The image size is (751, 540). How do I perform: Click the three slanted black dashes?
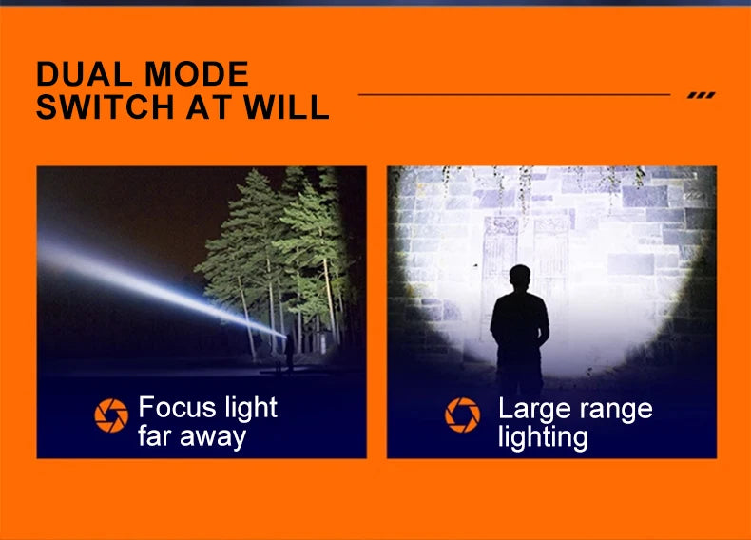click(701, 95)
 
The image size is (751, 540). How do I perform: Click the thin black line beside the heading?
click(513, 95)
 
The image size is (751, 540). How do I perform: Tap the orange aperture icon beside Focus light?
click(111, 415)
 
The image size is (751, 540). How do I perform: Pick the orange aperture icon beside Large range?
click(462, 415)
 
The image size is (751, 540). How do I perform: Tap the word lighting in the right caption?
click(543, 437)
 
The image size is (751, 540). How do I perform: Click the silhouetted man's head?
click(519, 278)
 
